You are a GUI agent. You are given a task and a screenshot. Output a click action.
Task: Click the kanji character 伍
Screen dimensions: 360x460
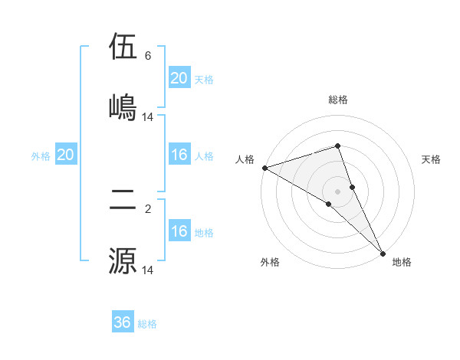[x=123, y=47]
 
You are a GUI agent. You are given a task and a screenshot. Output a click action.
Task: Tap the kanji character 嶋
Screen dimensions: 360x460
[x=123, y=106]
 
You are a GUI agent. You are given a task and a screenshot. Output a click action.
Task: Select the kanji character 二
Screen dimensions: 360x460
[x=123, y=201]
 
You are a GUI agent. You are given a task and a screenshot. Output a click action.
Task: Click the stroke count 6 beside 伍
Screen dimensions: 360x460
[x=148, y=56]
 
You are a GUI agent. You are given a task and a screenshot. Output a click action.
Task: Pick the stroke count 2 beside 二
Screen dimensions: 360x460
[x=148, y=209]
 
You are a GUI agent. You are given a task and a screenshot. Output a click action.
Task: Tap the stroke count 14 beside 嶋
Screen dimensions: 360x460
[x=148, y=116]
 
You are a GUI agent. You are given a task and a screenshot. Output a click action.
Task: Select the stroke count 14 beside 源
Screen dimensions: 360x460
[x=148, y=270]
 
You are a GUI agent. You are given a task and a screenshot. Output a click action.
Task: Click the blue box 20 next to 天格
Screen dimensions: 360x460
[x=179, y=78]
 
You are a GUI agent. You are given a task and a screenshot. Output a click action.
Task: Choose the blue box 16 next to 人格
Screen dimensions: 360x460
[x=179, y=155]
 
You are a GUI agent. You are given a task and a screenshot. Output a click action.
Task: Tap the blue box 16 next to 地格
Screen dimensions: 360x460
[x=179, y=231]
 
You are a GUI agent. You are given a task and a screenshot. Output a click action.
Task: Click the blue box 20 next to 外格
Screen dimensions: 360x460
[x=65, y=155]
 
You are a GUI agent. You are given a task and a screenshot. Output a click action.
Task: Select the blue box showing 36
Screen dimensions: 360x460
[x=123, y=322]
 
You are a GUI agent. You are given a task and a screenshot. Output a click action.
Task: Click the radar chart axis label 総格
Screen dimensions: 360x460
[x=338, y=100]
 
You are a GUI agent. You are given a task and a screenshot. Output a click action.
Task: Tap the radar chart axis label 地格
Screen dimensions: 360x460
[x=402, y=262]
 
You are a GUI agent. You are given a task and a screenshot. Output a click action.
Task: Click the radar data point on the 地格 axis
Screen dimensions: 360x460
[x=383, y=253]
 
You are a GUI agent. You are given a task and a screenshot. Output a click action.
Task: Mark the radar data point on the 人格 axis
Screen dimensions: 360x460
[x=264, y=168]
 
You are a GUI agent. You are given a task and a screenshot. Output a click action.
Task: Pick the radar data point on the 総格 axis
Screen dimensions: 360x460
[x=338, y=146]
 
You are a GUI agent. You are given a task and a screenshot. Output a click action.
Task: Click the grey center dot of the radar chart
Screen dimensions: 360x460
[x=338, y=191]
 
